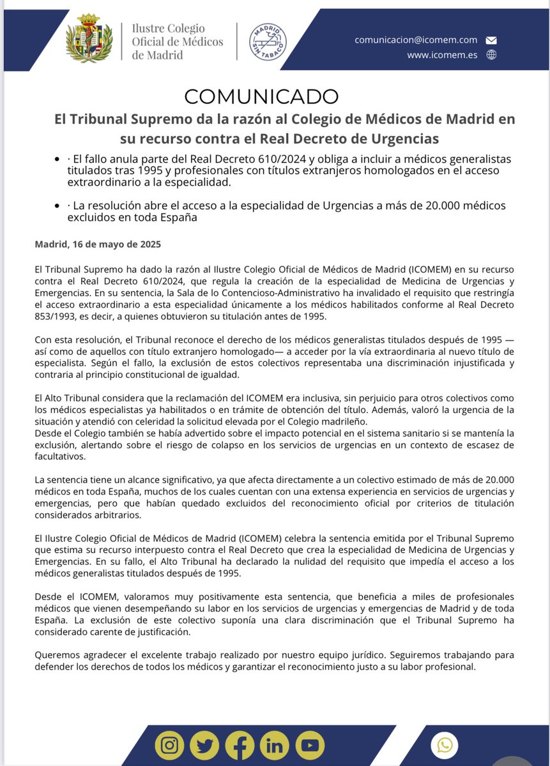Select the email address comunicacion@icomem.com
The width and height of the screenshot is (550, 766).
point(416,40)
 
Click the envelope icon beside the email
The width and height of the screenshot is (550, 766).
point(491,40)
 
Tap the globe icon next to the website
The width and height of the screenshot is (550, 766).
point(491,55)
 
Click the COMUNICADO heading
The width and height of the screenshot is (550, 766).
point(261,96)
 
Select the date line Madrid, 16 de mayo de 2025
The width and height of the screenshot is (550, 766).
point(98,244)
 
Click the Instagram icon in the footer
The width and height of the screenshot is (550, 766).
point(170,745)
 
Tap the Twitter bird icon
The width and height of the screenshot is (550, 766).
point(204,745)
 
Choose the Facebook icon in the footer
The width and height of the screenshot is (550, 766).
point(240,745)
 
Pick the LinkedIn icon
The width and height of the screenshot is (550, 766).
point(274,745)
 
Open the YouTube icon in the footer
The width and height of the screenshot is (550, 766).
point(309,745)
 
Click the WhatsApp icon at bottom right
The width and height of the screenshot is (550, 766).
point(445,745)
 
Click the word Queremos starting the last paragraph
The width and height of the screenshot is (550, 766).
point(54,656)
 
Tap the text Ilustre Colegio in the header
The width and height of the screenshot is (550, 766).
point(168,29)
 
